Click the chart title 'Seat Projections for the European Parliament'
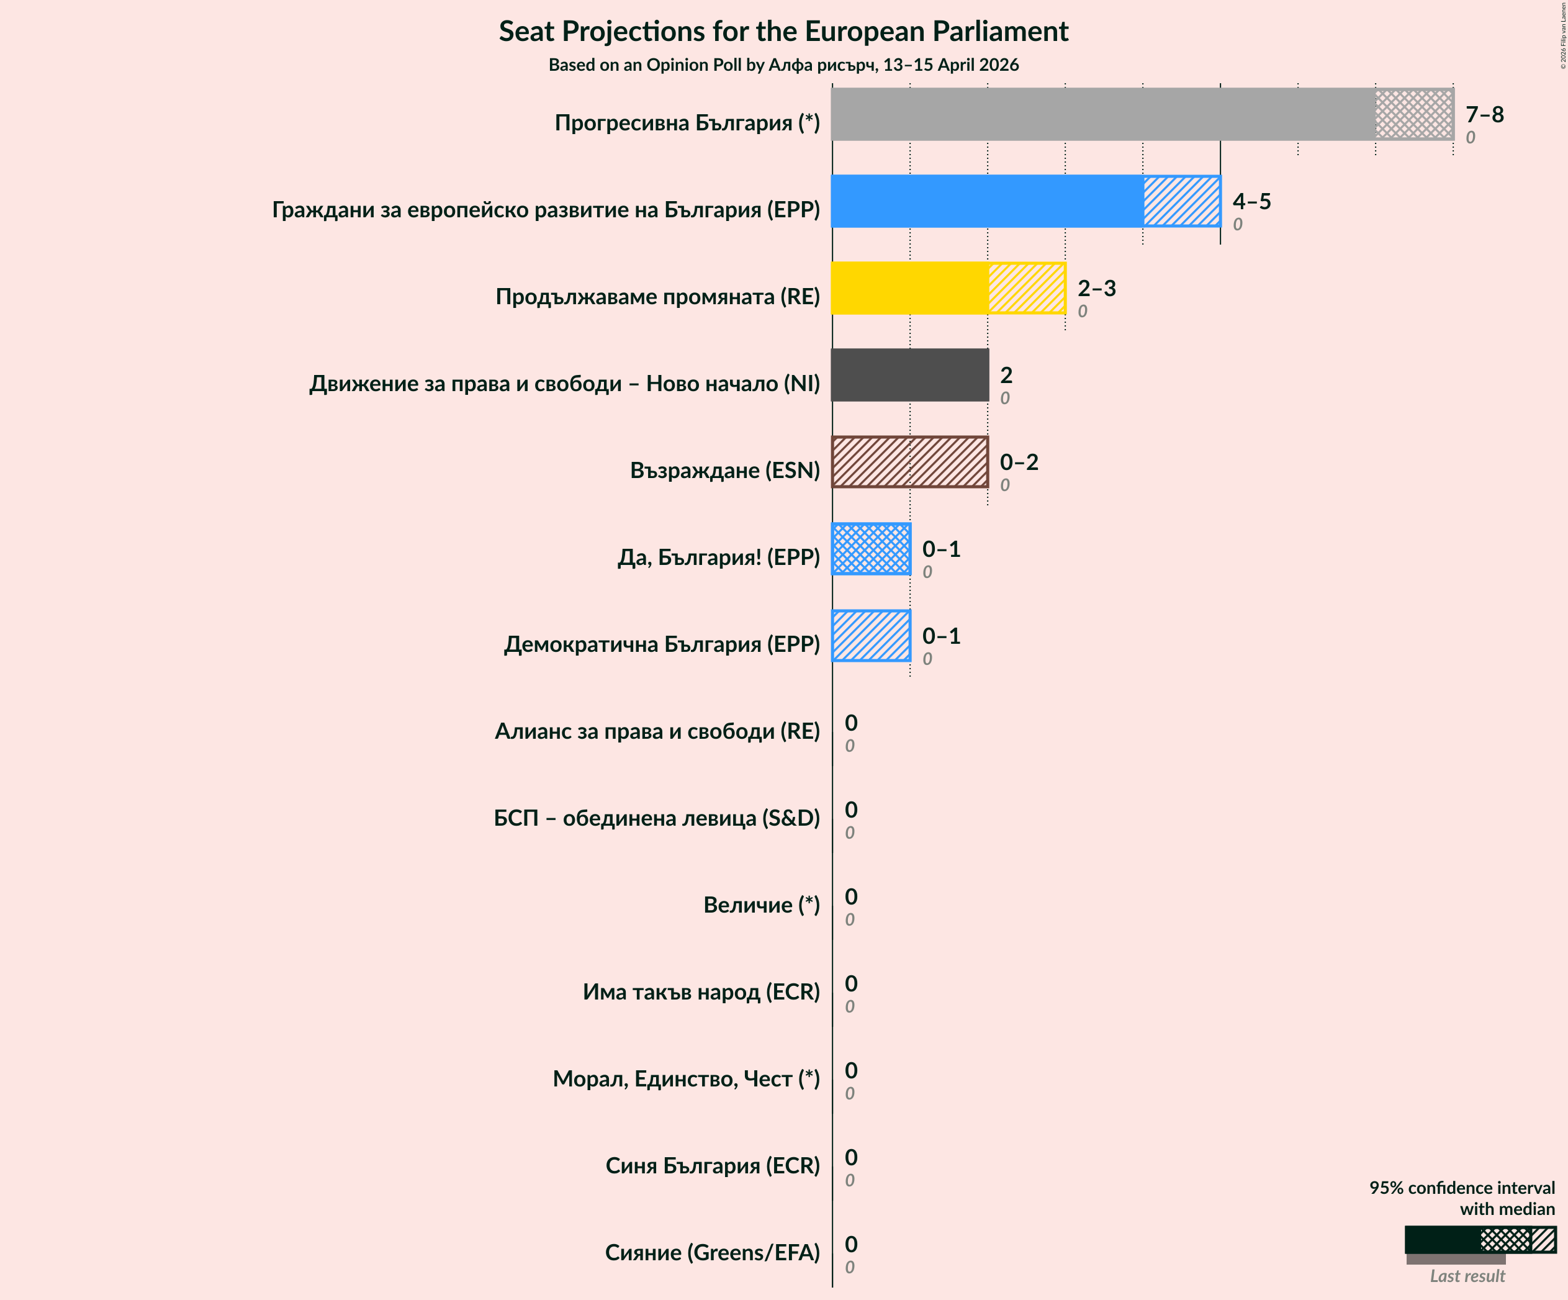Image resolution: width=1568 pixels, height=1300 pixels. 783,32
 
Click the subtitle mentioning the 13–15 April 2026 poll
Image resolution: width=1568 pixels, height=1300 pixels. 783,65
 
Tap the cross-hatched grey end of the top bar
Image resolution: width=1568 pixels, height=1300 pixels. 1413,114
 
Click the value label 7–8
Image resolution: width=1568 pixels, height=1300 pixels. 1484,114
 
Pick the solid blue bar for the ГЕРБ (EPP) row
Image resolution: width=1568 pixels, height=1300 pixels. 986,201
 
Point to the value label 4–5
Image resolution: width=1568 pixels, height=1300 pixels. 1251,201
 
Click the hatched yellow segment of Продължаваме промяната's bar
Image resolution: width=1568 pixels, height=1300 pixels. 1026,288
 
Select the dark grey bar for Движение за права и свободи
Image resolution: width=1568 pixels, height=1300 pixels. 909,375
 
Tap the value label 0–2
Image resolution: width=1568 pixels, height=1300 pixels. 1019,463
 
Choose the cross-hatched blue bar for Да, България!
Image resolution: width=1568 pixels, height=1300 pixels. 871,549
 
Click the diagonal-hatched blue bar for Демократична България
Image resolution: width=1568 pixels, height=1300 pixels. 871,636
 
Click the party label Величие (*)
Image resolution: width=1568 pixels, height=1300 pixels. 761,905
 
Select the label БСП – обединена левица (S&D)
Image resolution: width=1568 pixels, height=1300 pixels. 656,818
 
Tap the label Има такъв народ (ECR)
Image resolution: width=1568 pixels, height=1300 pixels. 700,991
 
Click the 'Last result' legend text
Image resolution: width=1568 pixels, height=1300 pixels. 1466,1276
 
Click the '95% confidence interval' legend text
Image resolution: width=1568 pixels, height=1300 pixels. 1461,1188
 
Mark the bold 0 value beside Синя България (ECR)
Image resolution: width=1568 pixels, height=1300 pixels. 850,1157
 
